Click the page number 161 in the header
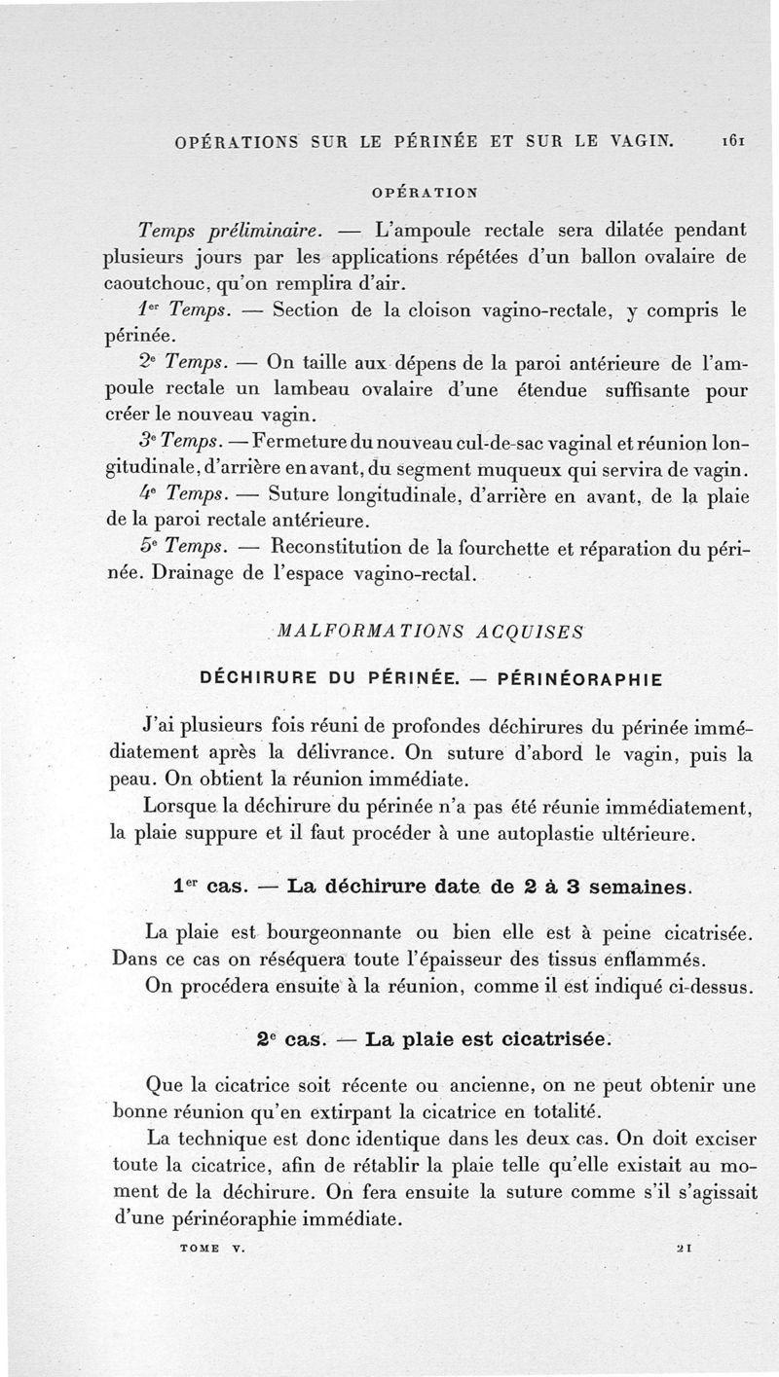734,141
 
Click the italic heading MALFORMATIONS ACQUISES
430,631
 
